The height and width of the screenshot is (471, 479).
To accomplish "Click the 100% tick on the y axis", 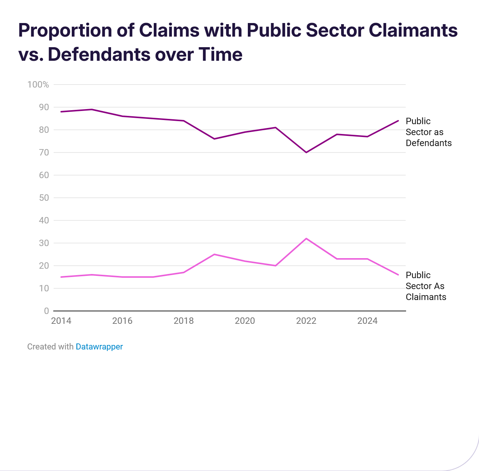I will pyautogui.click(x=38, y=85).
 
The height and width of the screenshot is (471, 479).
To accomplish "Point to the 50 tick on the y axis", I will pyautogui.click(x=44, y=198).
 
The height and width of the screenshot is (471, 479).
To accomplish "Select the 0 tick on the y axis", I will pyautogui.click(x=46, y=311).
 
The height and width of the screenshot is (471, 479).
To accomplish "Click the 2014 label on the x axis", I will pyautogui.click(x=61, y=321).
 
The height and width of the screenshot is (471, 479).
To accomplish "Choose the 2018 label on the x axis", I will pyautogui.click(x=184, y=321).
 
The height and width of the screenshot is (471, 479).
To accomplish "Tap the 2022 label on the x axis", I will pyautogui.click(x=306, y=321).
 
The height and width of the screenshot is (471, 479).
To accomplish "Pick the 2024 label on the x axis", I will pyautogui.click(x=367, y=321).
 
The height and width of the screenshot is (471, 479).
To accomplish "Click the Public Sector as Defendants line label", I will pyautogui.click(x=428, y=132).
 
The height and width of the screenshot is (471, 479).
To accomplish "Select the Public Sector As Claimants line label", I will pyautogui.click(x=426, y=286).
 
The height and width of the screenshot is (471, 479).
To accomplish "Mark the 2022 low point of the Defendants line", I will pyautogui.click(x=306, y=152).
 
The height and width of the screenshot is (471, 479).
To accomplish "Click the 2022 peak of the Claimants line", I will pyautogui.click(x=306, y=239).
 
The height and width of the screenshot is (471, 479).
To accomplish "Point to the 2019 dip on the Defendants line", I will pyautogui.click(x=214, y=139).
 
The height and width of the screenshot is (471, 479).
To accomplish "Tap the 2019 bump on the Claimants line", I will pyautogui.click(x=214, y=254).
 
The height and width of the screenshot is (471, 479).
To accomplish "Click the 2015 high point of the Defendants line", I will pyautogui.click(x=92, y=109).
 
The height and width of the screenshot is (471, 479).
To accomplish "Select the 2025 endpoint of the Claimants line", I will pyautogui.click(x=398, y=275).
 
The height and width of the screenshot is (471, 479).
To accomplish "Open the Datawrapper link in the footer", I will pyautogui.click(x=99, y=346).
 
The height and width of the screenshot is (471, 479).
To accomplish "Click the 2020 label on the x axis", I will pyautogui.click(x=245, y=321).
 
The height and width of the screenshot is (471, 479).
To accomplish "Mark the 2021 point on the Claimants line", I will pyautogui.click(x=275, y=266).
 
